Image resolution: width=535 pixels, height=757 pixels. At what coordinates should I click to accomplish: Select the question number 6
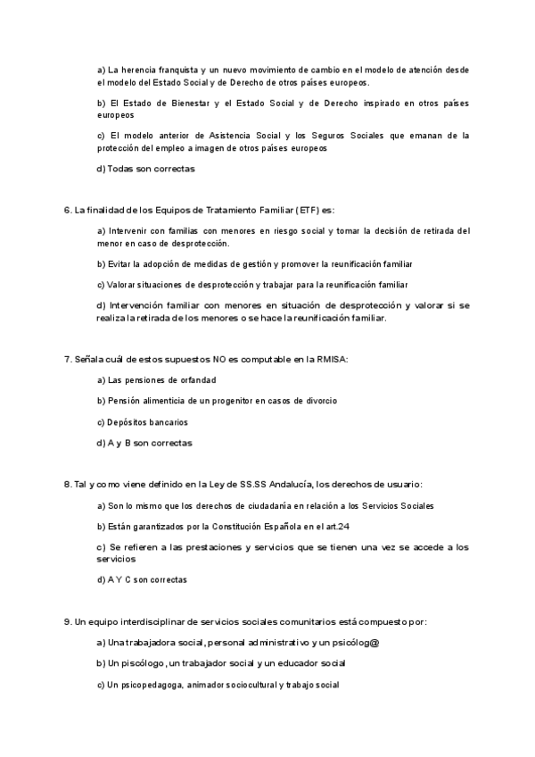click(68, 211)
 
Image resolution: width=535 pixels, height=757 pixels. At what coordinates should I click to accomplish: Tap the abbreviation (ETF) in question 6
click(310, 211)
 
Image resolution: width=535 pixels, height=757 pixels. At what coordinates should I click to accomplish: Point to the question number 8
click(68, 485)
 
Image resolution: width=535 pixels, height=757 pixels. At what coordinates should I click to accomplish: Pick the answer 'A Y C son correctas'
click(143, 579)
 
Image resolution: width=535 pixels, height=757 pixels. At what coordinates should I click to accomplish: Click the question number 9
click(68, 621)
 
